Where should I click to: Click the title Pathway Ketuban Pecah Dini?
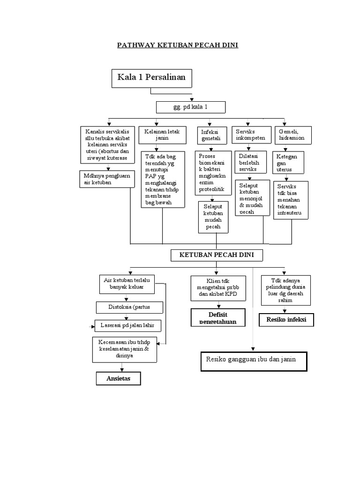tap(178, 45)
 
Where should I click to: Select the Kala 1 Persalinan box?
tap(151, 78)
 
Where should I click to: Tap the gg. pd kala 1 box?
tap(190, 108)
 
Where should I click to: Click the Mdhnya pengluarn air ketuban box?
tap(107, 179)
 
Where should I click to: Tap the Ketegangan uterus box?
tap(288, 162)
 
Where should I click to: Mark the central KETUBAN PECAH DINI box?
tap(216, 255)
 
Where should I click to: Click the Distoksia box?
tap(130, 307)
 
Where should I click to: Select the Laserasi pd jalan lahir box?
tap(127, 325)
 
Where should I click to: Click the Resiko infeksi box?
tap(286, 320)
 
